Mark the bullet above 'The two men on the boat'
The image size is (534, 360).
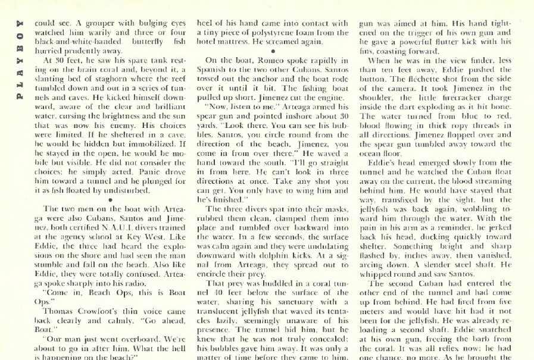(x=111, y=200)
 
